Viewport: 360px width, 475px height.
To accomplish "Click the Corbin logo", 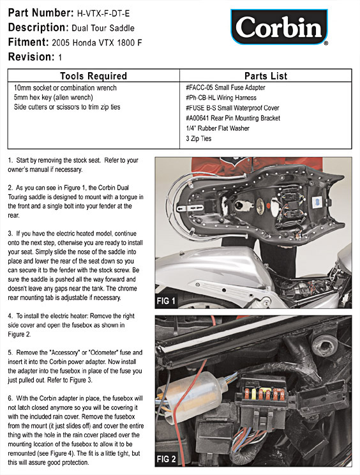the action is click(x=279, y=27).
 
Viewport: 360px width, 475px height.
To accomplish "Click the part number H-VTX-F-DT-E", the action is click(x=103, y=13).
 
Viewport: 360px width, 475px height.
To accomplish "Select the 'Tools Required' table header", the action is click(x=93, y=76).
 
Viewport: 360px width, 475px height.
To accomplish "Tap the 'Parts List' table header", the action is click(x=266, y=76).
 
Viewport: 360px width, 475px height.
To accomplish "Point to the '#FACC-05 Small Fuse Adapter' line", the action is click(x=225, y=87).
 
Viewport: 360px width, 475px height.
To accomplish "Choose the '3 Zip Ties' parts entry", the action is click(x=199, y=139).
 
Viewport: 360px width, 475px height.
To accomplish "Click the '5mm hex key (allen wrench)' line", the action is click(x=53, y=97).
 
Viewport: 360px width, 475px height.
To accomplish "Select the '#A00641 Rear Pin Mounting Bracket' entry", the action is click(x=233, y=118).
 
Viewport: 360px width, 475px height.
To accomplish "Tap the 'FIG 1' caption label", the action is click(x=166, y=301).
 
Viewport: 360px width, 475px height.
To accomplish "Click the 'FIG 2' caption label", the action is click(x=166, y=459).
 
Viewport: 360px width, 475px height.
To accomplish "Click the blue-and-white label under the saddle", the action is click(x=317, y=202).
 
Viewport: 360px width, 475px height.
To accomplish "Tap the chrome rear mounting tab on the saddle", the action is click(x=190, y=208).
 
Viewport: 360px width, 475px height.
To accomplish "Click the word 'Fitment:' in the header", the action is click(x=29, y=41).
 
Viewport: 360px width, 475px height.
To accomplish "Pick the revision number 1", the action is click(x=60, y=57).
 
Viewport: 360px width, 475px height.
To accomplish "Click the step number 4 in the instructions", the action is click(x=10, y=316).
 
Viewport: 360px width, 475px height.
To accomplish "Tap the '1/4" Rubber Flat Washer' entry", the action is click(x=218, y=128).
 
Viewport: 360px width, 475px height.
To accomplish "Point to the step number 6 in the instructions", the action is click(x=10, y=398).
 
